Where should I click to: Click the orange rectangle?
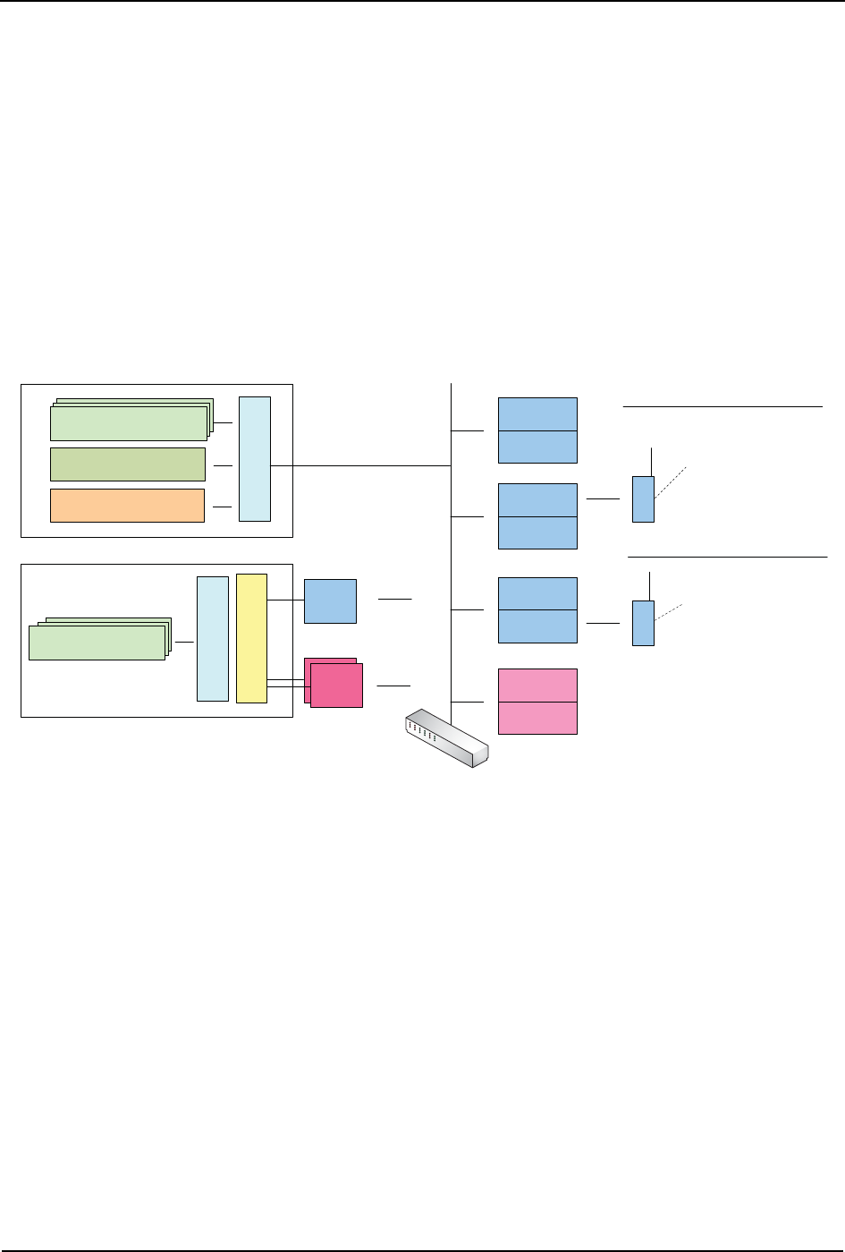(127, 505)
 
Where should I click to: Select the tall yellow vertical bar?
(251, 638)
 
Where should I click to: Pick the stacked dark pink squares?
(334, 683)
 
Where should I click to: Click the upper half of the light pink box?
(537, 685)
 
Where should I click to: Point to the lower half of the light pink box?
(537, 718)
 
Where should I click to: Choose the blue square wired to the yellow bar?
(330, 600)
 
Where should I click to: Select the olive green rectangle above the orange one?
(127, 464)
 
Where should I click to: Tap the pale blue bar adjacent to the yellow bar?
(212, 638)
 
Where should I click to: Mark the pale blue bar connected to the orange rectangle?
(255, 458)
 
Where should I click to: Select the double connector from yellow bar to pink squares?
(285, 684)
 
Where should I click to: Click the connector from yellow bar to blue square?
(285, 600)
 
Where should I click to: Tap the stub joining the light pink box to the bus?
(468, 701)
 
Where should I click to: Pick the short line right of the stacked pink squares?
(393, 686)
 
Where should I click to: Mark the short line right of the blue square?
(395, 597)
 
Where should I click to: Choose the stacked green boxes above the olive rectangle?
(131, 421)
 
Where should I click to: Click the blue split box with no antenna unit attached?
(537, 430)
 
